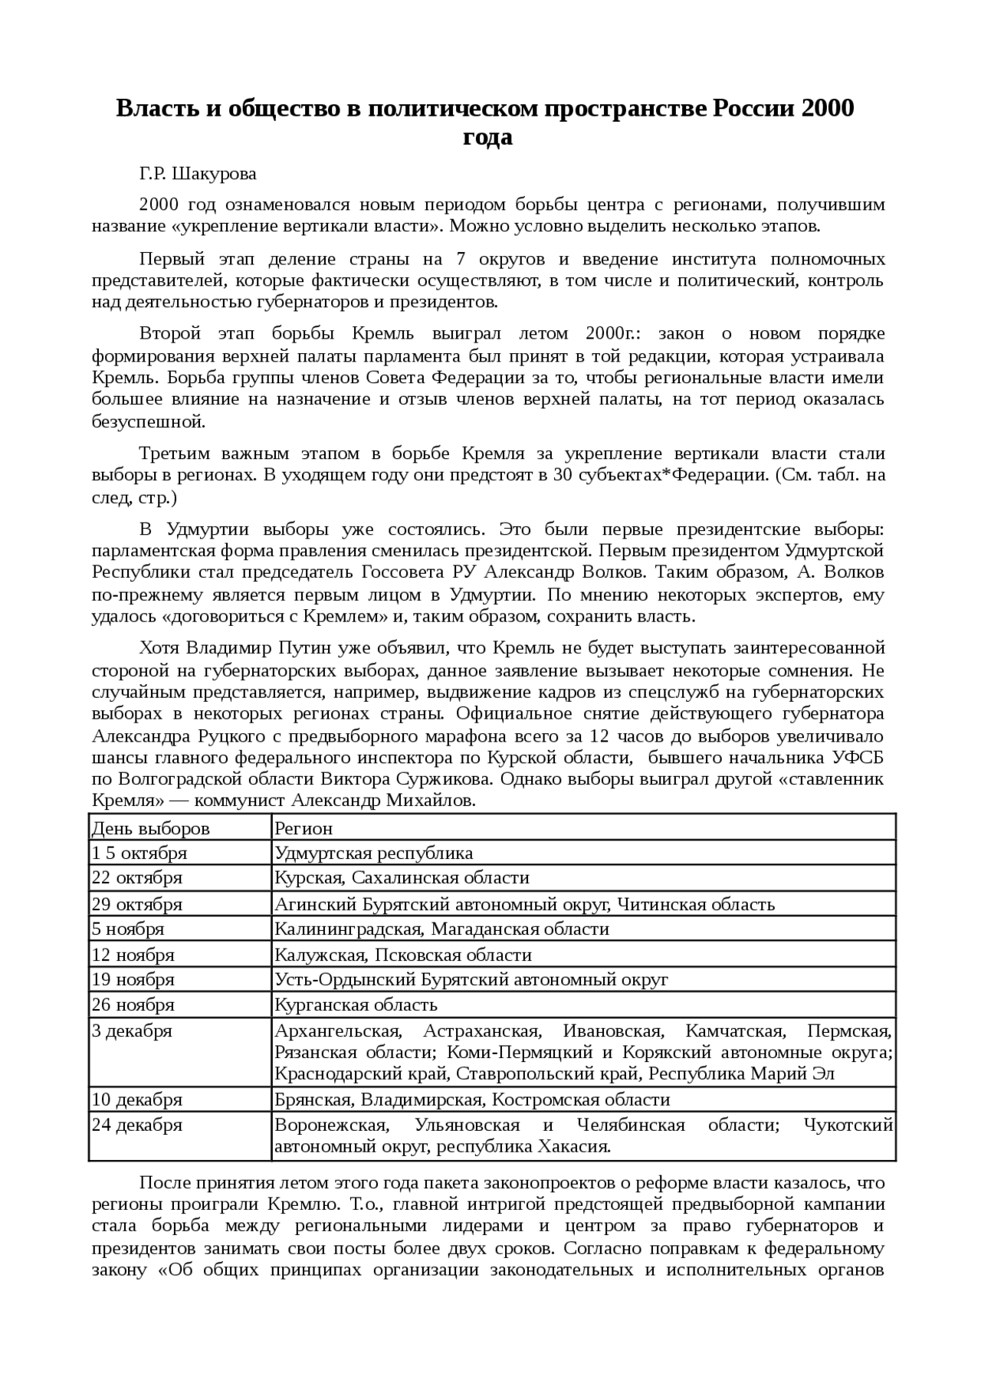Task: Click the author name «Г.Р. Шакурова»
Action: [198, 174]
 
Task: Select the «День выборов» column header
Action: [151, 828]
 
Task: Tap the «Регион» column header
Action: [303, 828]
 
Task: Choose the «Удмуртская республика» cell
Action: [373, 854]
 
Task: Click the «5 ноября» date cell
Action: [128, 929]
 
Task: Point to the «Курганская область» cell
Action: [356, 1004]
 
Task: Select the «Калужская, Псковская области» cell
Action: [403, 955]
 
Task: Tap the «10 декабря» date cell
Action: [137, 1100]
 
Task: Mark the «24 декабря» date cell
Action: [137, 1126]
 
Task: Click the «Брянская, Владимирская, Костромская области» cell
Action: [472, 1100]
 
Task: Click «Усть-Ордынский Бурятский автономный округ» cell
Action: [471, 979]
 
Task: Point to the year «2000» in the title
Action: [828, 109]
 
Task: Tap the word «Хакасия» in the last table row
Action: [576, 1147]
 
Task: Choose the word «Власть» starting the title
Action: [156, 109]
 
